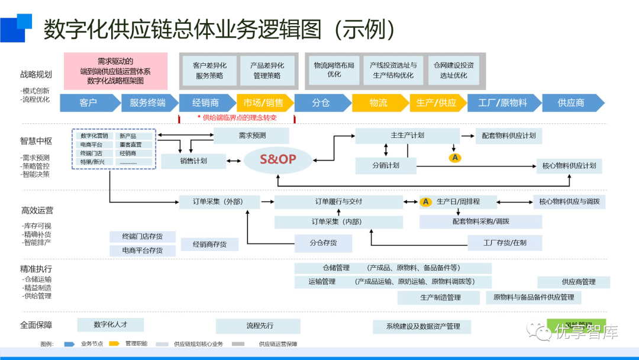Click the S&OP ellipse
tap(277, 159)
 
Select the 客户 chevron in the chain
tap(88, 102)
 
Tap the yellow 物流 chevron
tap(379, 102)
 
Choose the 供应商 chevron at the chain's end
tap(572, 102)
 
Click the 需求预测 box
tap(252, 136)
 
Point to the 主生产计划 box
tap(407, 136)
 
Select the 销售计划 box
tap(193, 161)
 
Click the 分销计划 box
tap(386, 165)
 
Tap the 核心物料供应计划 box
tap(569, 165)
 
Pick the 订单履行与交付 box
tap(338, 202)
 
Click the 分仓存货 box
tap(323, 243)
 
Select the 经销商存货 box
tap(206, 244)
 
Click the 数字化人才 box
tap(110, 324)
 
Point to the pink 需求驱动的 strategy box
tap(115, 70)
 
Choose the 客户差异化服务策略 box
tap(209, 70)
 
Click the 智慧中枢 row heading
tap(35, 141)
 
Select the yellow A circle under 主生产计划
tap(454, 157)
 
